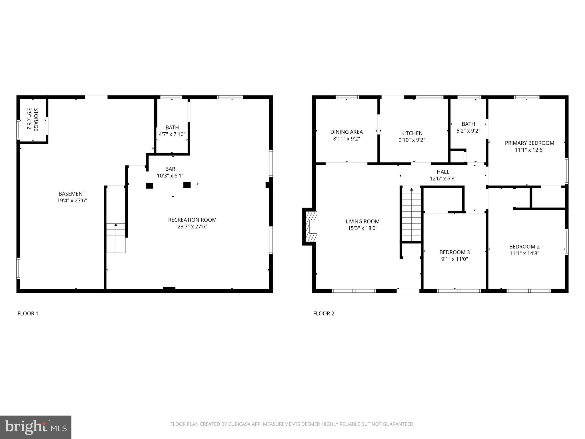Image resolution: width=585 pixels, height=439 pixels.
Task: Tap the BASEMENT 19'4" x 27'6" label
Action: pyautogui.click(x=72, y=197)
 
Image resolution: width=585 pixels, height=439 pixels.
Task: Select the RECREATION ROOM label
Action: pyautogui.click(x=192, y=223)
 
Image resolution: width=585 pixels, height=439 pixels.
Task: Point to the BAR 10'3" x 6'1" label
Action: pyautogui.click(x=170, y=172)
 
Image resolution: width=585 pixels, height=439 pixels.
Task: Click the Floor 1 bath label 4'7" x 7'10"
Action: pyautogui.click(x=172, y=131)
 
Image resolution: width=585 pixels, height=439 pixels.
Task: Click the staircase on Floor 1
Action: pyautogui.click(x=116, y=238)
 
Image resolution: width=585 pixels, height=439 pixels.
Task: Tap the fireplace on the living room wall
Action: pyautogui.click(x=310, y=226)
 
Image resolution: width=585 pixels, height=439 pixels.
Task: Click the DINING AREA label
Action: pyautogui.click(x=346, y=135)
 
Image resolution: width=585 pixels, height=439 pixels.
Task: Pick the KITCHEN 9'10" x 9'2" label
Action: pyautogui.click(x=412, y=136)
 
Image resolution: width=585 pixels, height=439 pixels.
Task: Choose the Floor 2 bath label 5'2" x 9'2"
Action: pyautogui.click(x=468, y=127)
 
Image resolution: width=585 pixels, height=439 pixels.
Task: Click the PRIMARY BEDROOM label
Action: pyautogui.click(x=529, y=146)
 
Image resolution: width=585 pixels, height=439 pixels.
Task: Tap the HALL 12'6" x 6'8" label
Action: pyautogui.click(x=443, y=175)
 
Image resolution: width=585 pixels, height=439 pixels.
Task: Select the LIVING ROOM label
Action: pyautogui.click(x=362, y=225)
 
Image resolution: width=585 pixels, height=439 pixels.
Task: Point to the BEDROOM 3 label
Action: pyautogui.click(x=454, y=256)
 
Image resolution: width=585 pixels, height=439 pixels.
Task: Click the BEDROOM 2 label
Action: pyautogui.click(x=524, y=250)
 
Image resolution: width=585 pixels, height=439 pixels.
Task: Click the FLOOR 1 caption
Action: pyautogui.click(x=28, y=314)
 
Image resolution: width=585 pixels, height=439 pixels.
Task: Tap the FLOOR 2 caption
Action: pyautogui.click(x=323, y=314)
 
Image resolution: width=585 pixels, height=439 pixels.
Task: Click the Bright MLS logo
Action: pyautogui.click(x=36, y=427)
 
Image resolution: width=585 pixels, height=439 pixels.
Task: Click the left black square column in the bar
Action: pyautogui.click(x=149, y=186)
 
